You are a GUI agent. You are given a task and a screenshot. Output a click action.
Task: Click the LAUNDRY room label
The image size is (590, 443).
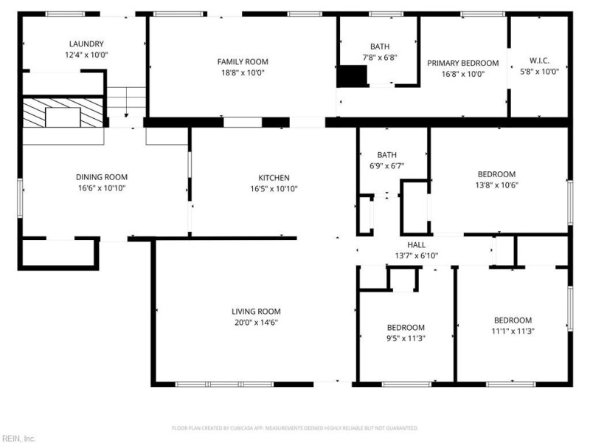pos(86,44)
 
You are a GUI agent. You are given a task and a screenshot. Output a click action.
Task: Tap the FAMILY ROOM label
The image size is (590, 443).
pos(243,62)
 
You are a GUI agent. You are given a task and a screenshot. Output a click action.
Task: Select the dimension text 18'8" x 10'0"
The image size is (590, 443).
pos(243,72)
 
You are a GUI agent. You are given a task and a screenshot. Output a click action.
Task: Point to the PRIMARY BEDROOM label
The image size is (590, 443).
pos(463,63)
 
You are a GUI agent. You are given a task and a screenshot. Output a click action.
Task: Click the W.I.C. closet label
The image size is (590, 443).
pos(539,61)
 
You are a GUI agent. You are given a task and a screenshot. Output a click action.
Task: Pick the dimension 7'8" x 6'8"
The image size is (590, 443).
pos(380,58)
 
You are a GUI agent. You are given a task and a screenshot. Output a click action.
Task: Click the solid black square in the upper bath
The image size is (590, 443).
pos(352,76)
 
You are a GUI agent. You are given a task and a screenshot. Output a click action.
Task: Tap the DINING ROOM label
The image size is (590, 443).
pos(102,177)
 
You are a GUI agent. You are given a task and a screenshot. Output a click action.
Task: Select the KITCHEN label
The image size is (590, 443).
pos(274,178)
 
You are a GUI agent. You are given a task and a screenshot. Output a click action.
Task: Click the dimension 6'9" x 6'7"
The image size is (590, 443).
pos(386,165)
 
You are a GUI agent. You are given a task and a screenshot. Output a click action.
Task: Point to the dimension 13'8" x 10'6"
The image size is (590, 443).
pos(496,185)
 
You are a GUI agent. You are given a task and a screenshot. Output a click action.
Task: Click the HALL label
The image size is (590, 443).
pos(416,245)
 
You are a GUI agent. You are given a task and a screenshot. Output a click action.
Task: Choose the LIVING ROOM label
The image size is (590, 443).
pos(256,312)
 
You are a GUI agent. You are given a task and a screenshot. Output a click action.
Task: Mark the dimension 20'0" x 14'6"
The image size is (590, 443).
pos(256,323)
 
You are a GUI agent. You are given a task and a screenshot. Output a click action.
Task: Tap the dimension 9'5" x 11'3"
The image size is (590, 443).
pos(406,338)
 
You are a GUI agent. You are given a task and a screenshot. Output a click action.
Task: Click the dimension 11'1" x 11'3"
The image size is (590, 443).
pos(513,331)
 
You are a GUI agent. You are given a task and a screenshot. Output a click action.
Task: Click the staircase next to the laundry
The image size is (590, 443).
pos(126,102)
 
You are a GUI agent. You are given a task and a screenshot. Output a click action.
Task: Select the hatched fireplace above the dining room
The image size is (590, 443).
pos(63,113)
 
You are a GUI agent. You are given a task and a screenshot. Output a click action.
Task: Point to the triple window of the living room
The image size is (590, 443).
pos(225,384)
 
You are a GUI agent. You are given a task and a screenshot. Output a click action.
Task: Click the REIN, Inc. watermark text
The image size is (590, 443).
pos(18,439)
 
